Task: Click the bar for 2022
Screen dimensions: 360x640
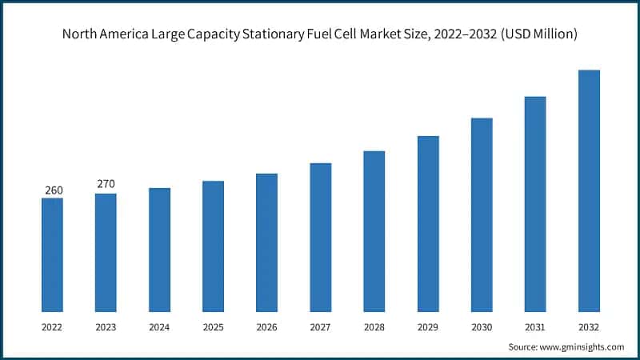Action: pyautogui.click(x=52, y=254)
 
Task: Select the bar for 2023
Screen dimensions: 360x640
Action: pyautogui.click(x=106, y=252)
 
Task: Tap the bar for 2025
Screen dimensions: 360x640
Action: pyautogui.click(x=213, y=246)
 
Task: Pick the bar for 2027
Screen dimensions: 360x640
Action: pyautogui.click(x=321, y=237)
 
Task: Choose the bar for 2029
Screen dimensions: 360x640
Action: pyautogui.click(x=428, y=223)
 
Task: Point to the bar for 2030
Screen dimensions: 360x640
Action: pyautogui.click(x=482, y=214)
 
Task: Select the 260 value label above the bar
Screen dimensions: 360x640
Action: pyautogui.click(x=52, y=190)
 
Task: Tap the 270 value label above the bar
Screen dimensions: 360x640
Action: pyautogui.click(x=106, y=184)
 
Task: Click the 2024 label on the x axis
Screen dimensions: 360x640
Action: pyautogui.click(x=159, y=326)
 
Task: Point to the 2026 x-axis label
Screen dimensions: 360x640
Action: pyautogui.click(x=266, y=326)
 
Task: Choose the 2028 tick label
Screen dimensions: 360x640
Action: pyautogui.click(x=374, y=326)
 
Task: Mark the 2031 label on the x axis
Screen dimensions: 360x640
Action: pyautogui.click(x=535, y=326)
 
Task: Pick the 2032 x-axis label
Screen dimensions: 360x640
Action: pyautogui.click(x=589, y=326)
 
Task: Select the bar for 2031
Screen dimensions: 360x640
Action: pyautogui.click(x=535, y=204)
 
